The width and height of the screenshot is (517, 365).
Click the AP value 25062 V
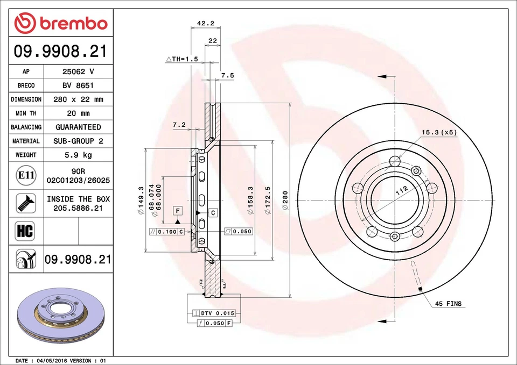78,71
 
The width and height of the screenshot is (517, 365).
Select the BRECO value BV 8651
78,85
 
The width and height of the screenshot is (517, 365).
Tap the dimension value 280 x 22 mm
78,99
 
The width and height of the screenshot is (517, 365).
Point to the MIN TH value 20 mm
78,113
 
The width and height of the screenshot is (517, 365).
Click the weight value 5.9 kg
78,155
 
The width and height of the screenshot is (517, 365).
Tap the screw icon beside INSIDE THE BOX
26,203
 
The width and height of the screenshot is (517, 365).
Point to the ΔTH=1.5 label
182,59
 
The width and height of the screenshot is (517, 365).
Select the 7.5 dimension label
227,76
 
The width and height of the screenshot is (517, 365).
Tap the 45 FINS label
448,304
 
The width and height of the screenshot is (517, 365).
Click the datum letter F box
177,209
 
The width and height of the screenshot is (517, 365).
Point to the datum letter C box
213,213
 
